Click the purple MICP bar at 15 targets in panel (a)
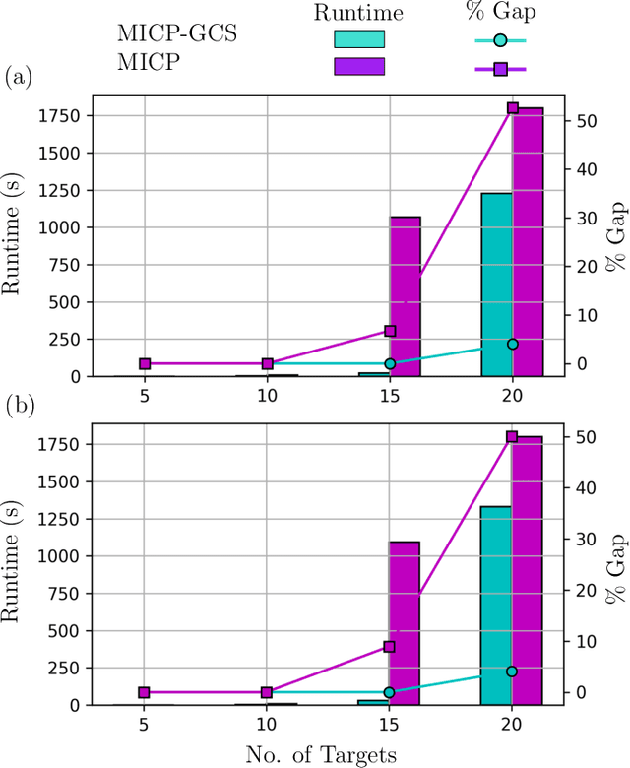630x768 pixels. [x=405, y=295]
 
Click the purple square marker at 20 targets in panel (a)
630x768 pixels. [x=512, y=108]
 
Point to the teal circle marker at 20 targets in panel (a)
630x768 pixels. [x=512, y=344]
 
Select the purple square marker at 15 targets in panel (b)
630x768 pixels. [x=389, y=647]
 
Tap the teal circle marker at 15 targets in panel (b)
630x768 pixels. [x=389, y=692]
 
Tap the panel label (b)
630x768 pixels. [x=20, y=406]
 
